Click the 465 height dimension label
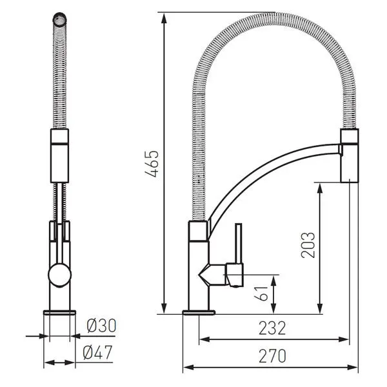coord(152,164)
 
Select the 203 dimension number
coord(308,245)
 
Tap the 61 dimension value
coord(261,293)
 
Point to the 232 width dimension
coord(272,328)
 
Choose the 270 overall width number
coord(272,355)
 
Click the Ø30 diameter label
coord(101,326)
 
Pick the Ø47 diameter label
coord(98,352)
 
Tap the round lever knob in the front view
coord(60,275)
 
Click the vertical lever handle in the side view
coord(239,243)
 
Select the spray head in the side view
coord(350,155)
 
